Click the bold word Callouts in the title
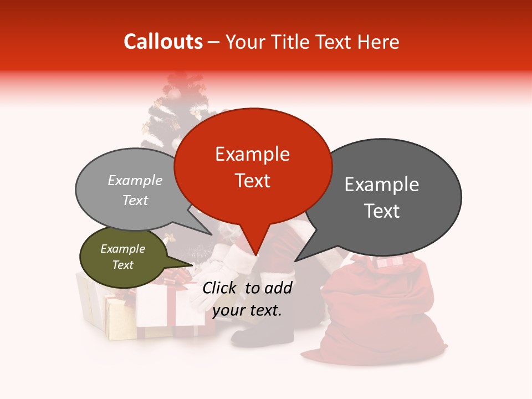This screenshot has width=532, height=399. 163,42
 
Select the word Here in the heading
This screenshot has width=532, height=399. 377,42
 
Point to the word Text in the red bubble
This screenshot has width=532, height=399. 252,181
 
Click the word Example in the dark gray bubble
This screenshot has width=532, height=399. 382,184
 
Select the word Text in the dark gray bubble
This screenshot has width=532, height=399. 382,211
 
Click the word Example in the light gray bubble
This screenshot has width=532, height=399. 135,181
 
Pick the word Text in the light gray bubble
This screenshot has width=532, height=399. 135,201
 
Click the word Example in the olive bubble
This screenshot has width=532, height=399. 122,249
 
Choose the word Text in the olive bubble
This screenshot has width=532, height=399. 122,265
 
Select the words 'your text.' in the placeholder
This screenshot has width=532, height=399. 247,310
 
